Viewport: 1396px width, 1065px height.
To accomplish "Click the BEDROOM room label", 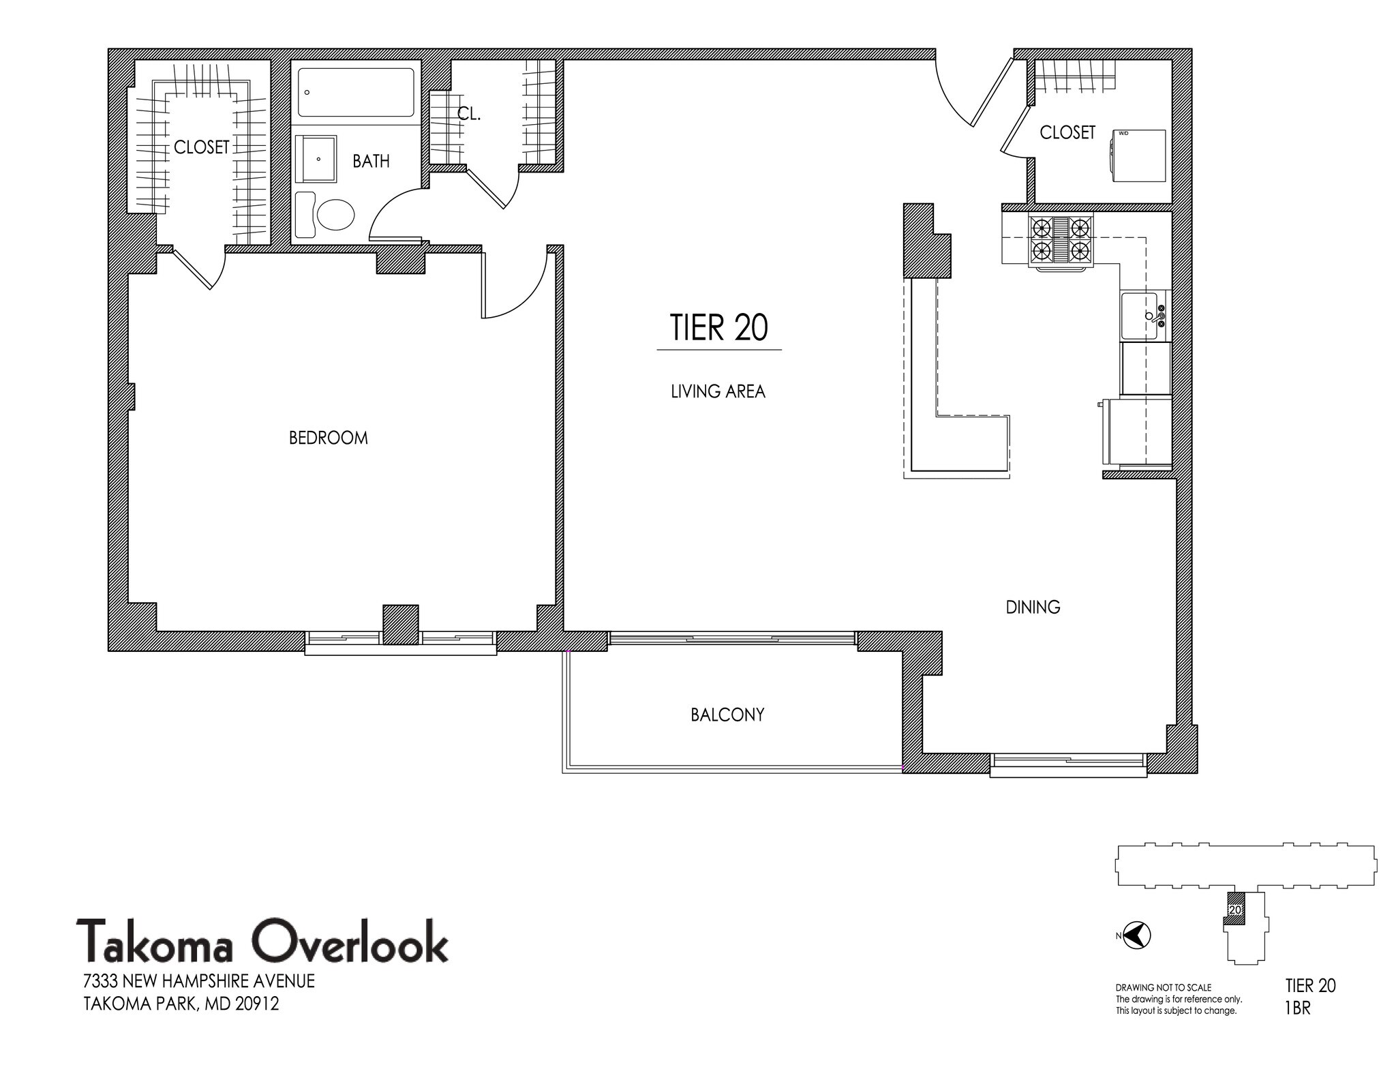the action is [329, 438].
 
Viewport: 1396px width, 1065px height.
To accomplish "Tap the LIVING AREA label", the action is [718, 391].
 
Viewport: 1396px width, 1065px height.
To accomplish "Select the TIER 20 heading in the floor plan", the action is [719, 327].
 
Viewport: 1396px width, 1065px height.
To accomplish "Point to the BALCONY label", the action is [727, 715].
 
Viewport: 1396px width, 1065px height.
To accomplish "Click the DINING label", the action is [1033, 607].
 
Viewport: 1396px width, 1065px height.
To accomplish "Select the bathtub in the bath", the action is [356, 93].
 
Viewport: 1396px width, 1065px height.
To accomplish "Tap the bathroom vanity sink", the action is [316, 159].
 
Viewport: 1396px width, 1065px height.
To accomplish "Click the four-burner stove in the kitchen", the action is [1060, 241].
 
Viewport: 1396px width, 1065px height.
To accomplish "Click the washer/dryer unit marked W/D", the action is [1138, 155].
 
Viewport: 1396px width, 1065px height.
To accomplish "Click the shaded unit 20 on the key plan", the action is [1234, 910].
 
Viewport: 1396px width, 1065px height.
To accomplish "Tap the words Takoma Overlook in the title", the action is [262, 941].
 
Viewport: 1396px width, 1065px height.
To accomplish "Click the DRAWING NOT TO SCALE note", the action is [1164, 987].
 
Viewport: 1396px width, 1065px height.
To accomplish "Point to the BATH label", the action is [371, 161].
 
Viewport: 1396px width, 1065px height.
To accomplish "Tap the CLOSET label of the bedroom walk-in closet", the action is [202, 147].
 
